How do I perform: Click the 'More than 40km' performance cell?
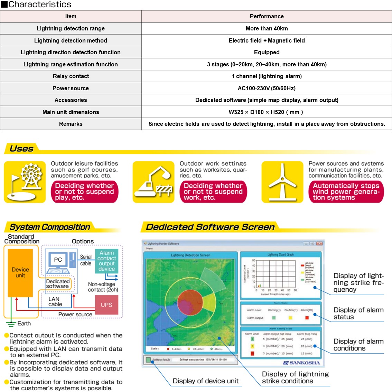point(267,28)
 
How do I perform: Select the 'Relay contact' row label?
point(71,76)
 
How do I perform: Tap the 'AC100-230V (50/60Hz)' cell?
point(267,88)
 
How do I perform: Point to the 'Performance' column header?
point(267,16)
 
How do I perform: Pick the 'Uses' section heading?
point(21,149)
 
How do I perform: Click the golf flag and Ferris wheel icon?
point(25,182)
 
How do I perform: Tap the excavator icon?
point(153,182)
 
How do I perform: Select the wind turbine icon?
point(282,182)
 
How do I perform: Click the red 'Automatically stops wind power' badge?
point(346,192)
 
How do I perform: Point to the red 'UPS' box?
point(106,305)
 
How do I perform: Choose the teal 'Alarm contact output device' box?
point(106,261)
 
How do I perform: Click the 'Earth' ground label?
point(24,324)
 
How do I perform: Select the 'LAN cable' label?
point(55,301)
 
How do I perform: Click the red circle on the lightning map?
point(190,303)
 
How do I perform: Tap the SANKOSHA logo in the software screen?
point(301,363)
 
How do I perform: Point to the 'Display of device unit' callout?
point(205,381)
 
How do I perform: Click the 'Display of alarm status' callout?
point(358,313)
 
